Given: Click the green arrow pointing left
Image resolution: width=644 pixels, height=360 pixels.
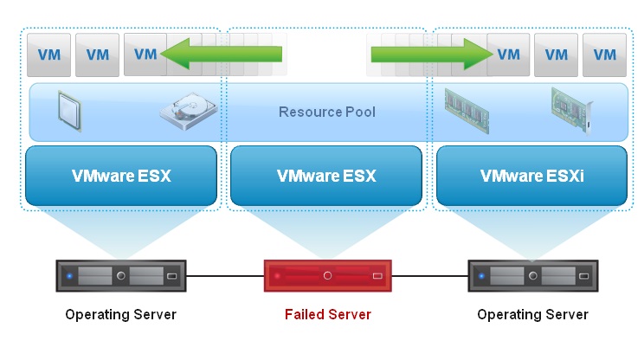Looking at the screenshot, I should (221, 55).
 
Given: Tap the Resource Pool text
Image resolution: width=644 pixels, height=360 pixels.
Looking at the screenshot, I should (326, 112).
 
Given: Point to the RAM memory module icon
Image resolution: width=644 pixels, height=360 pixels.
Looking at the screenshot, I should (467, 109).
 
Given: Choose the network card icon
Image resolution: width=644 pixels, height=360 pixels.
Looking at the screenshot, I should (570, 108).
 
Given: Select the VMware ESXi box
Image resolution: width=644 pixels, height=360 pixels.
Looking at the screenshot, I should (531, 176).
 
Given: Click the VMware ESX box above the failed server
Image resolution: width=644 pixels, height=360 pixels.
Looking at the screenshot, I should (326, 176).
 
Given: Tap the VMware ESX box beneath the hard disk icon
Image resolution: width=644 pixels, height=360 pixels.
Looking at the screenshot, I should (121, 176).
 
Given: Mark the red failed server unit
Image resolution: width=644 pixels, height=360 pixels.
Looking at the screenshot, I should (327, 276).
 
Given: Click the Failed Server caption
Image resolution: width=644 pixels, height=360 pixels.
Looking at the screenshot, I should (327, 314).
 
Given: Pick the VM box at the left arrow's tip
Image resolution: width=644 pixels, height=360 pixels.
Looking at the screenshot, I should (145, 55).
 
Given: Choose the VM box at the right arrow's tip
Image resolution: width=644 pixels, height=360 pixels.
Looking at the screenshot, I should (508, 55).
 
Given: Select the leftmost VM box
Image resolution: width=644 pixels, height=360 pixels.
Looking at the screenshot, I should (48, 55).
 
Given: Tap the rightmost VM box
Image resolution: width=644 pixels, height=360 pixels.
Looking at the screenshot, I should (604, 55).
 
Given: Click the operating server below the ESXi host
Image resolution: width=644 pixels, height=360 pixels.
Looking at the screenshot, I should (532, 276).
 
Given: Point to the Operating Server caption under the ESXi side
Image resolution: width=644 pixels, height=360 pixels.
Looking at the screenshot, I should (532, 314).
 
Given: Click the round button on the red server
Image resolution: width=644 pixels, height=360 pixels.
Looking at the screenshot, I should (327, 276).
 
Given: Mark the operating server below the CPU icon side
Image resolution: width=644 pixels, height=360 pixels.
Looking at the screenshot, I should (121, 276).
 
